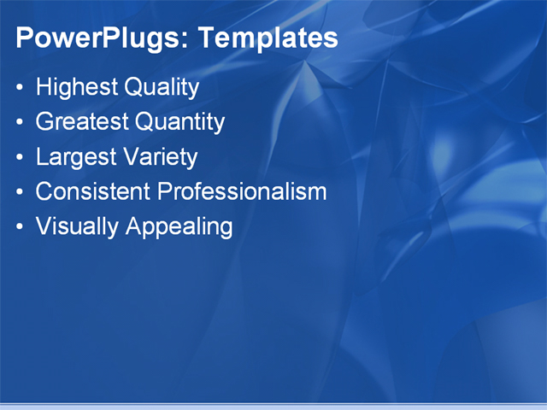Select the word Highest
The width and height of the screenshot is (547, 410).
click(77, 87)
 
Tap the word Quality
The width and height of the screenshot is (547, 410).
click(162, 87)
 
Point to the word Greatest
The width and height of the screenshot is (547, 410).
click(82, 122)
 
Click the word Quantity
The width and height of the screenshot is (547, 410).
click(179, 122)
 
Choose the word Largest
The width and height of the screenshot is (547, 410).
click(76, 157)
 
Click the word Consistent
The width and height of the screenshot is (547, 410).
click(93, 191)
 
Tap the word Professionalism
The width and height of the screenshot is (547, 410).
click(242, 191)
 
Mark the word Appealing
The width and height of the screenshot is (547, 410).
click(179, 226)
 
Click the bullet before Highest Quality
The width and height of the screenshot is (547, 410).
click(21, 88)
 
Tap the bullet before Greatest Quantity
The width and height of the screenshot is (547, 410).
click(21, 123)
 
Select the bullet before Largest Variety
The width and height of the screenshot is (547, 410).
click(21, 158)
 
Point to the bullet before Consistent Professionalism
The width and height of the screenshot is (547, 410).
click(21, 192)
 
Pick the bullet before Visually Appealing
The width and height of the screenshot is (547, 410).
click(21, 227)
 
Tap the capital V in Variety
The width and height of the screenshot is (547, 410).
click(132, 157)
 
